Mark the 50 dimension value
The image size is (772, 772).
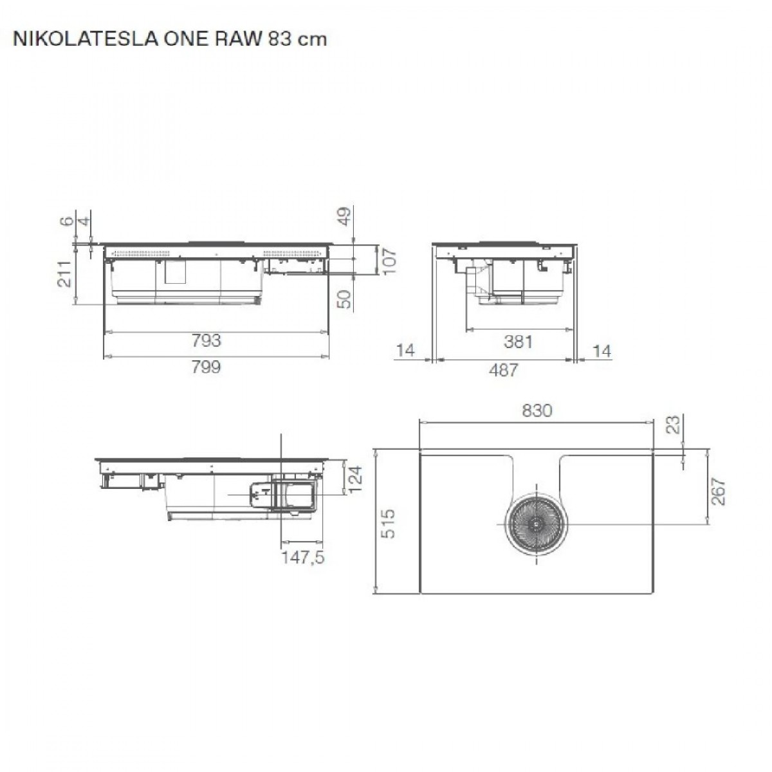[x=345, y=299]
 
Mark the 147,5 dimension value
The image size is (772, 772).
[x=303, y=557]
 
